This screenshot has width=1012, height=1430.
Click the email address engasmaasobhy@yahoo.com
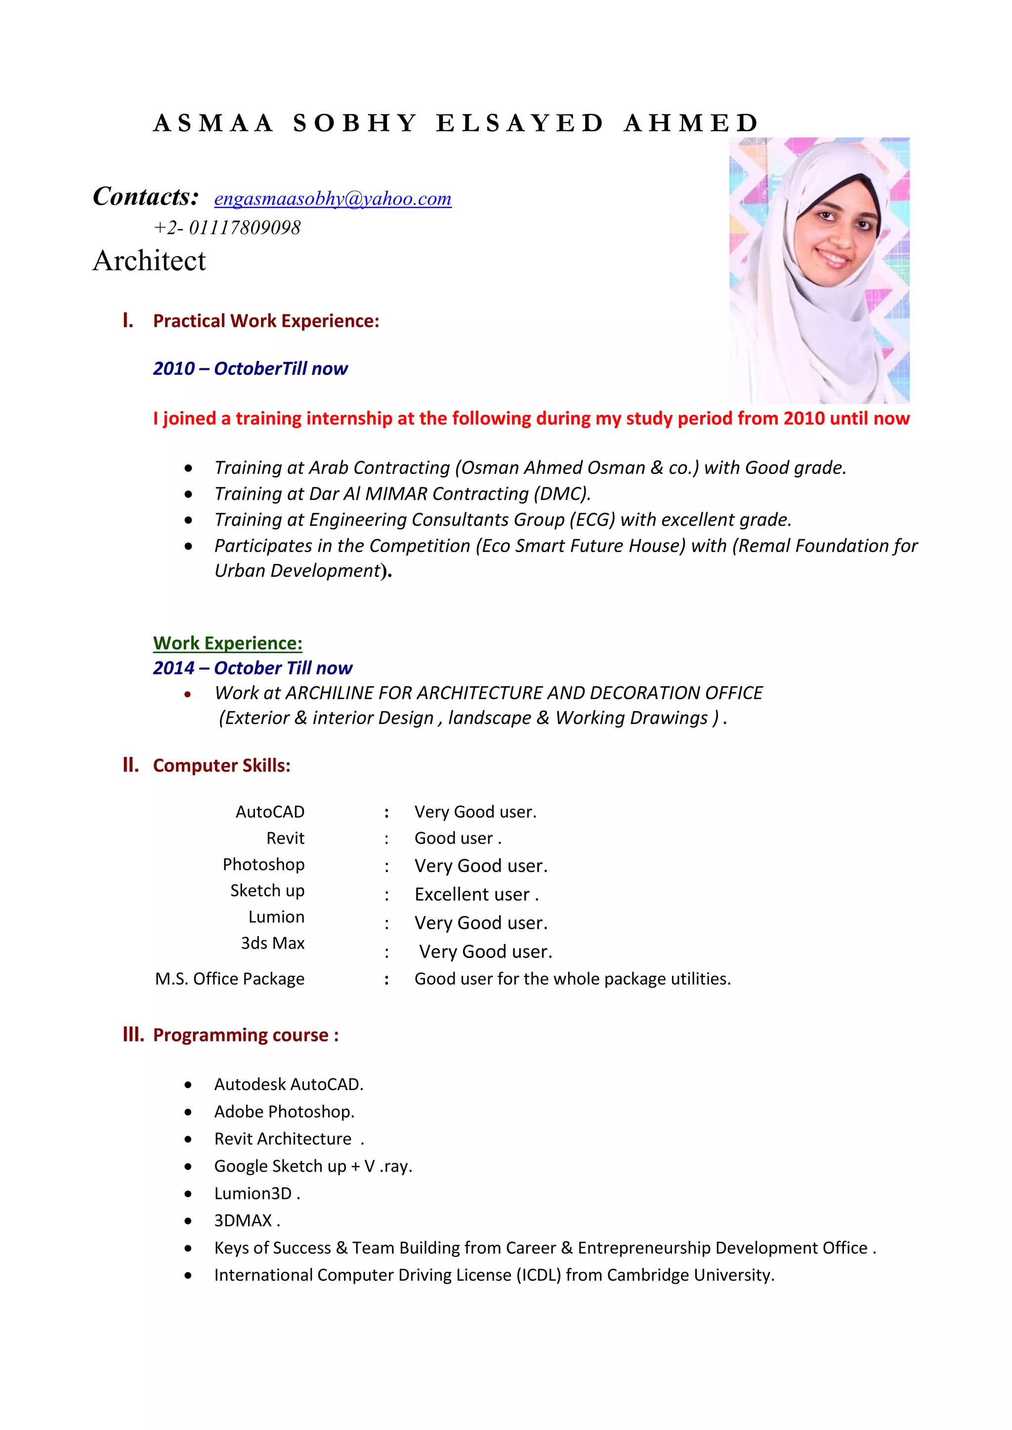click(x=333, y=199)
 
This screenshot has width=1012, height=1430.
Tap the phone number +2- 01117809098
click(x=227, y=228)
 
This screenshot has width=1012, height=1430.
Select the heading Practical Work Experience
click(x=266, y=321)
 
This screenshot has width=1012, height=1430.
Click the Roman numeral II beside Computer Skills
click(x=130, y=765)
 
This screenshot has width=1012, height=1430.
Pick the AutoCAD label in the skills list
click(x=270, y=812)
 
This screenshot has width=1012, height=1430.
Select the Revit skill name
click(x=286, y=838)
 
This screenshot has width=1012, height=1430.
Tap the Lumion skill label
click(x=276, y=917)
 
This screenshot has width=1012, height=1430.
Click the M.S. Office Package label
click(x=229, y=979)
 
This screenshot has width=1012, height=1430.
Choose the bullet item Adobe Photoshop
click(x=284, y=1112)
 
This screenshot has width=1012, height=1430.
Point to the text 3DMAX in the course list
click(x=244, y=1221)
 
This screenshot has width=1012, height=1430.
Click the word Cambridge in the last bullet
click(x=648, y=1275)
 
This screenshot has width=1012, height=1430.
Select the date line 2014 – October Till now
click(x=253, y=668)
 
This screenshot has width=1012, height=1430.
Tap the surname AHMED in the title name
click(x=691, y=123)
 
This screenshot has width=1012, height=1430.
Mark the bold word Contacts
click(x=146, y=197)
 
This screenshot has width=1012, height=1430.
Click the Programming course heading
click(x=246, y=1035)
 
